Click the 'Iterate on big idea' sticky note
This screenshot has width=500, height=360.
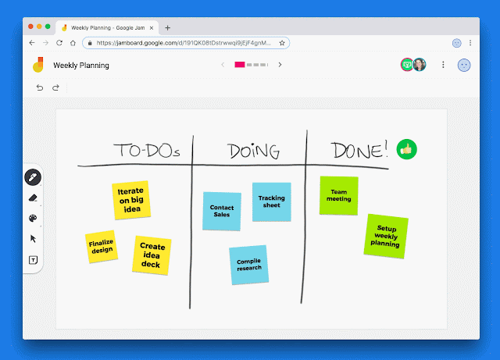pos(131,200)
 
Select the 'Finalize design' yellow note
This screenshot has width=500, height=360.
pos(102,247)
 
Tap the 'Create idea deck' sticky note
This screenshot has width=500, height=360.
pos(152,255)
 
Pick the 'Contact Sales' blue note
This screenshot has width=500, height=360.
pos(222,211)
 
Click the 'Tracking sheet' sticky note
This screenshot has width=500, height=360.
pos(272,201)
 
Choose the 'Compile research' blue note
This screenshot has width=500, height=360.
pos(248,265)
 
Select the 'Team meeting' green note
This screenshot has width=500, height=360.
pos(338,195)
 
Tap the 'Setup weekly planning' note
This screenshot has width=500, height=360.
pos(386,236)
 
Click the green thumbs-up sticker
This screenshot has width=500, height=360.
pos(406,149)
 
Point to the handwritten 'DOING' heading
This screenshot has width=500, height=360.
pos(253,151)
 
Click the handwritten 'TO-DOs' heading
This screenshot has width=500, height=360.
pos(147,150)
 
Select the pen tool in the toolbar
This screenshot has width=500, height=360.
pos(33,177)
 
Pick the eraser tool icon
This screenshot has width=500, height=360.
pos(33,198)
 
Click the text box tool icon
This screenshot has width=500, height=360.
pos(33,260)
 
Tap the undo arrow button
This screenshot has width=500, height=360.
pos(40,87)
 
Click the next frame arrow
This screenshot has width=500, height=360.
pos(280,65)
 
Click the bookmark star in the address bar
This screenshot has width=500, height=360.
pos(282,43)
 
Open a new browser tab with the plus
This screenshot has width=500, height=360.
pos(167,28)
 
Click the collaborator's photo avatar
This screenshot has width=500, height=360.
pos(420,65)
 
